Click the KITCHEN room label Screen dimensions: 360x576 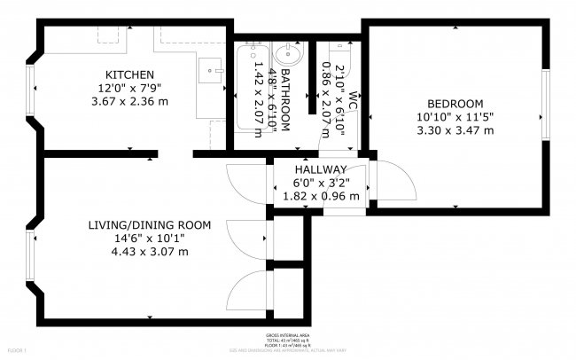(x=130, y=74)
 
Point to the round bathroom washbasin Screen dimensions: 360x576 (x=288, y=55)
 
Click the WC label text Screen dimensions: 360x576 (x=353, y=98)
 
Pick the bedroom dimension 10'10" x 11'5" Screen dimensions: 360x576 (x=455, y=116)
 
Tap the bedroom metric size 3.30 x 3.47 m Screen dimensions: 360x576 (x=455, y=129)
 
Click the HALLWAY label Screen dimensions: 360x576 (x=320, y=169)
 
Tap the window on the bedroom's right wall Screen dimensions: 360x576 (x=546, y=102)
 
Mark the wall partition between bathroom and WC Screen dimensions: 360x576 (x=311, y=76)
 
